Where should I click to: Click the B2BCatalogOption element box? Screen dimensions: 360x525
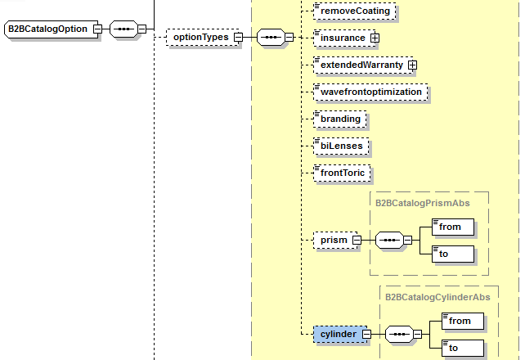pyautogui.click(x=47, y=29)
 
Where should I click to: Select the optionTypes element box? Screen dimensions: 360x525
pyautogui.click(x=199, y=37)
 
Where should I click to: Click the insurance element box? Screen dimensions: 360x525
pyautogui.click(x=342, y=38)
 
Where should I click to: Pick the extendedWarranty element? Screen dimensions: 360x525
pyautogui.click(x=361, y=64)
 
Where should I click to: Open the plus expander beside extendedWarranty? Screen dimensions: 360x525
pyautogui.click(x=412, y=64)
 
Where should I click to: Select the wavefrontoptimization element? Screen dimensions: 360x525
pyautogui.click(x=370, y=92)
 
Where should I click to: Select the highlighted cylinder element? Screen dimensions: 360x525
pyautogui.click(x=337, y=334)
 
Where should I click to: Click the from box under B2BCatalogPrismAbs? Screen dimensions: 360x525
pyautogui.click(x=453, y=227)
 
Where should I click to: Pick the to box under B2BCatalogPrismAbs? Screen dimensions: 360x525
pyautogui.click(x=453, y=254)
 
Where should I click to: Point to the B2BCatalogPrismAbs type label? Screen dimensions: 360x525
pyautogui.click(x=429, y=201)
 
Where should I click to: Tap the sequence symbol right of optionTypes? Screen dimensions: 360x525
pyautogui.click(x=270, y=37)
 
